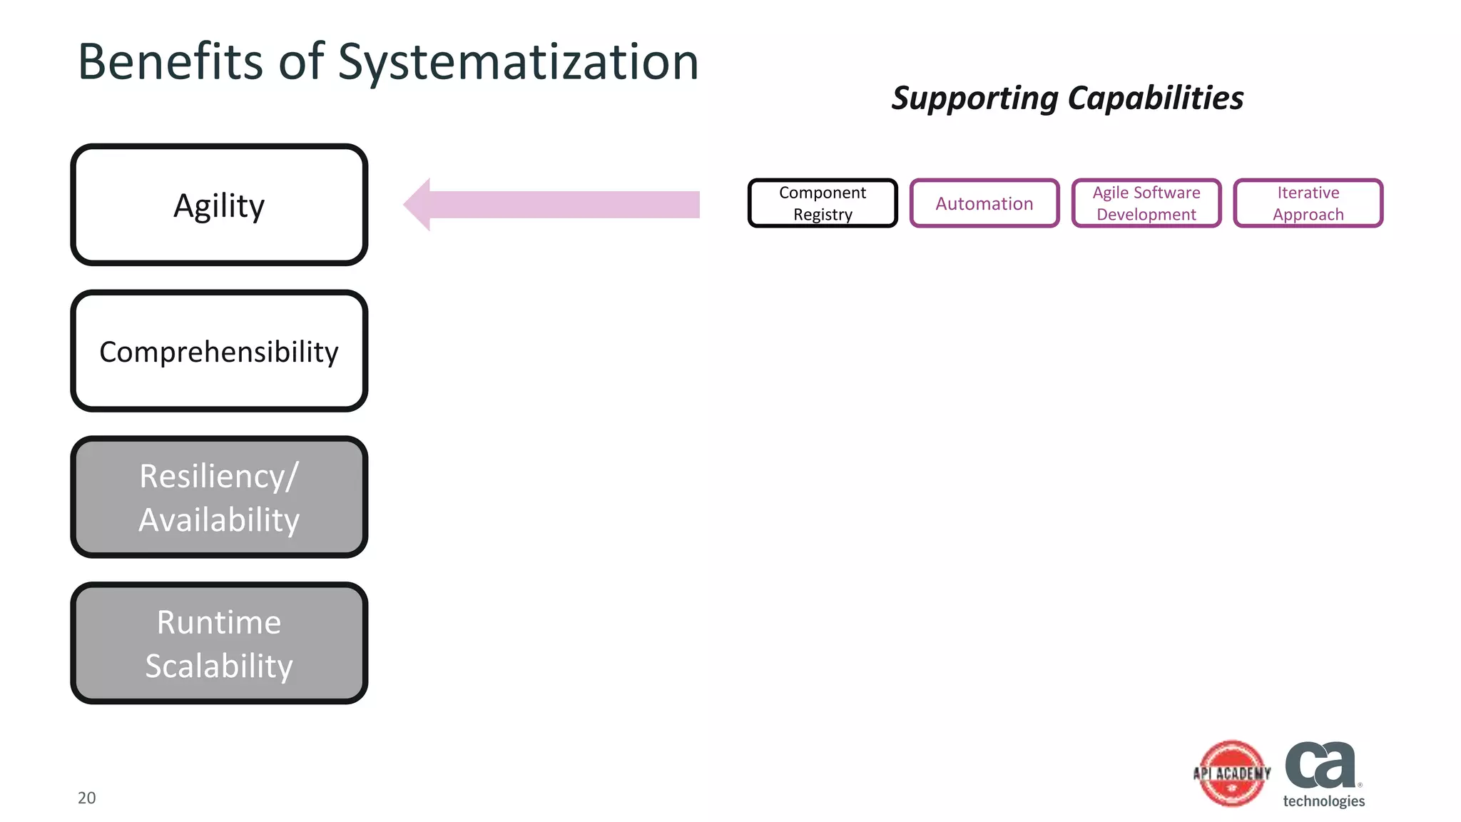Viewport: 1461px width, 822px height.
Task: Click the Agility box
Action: coord(219,205)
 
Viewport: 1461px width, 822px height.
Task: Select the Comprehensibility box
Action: coord(219,351)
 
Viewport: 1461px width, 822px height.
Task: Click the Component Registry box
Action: coord(823,203)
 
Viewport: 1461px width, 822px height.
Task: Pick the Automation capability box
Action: coord(984,203)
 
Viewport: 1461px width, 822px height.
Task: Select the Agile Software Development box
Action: coord(1146,203)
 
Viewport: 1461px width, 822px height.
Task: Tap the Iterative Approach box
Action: coord(1308,203)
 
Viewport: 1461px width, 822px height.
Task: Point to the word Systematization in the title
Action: coord(518,63)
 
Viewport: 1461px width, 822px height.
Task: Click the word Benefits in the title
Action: coord(170,62)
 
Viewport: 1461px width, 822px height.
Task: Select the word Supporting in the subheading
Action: coord(974,98)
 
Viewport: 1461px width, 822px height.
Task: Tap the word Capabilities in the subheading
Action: coord(1156,98)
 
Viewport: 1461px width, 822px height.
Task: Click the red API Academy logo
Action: coord(1232,773)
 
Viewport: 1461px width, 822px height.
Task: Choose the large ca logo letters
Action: coord(1320,765)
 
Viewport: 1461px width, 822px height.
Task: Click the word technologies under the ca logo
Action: coord(1323,801)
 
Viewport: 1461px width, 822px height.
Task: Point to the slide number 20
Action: coord(86,798)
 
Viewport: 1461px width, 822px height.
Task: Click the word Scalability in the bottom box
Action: coord(219,666)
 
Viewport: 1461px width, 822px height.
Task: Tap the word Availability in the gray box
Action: coord(219,520)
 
